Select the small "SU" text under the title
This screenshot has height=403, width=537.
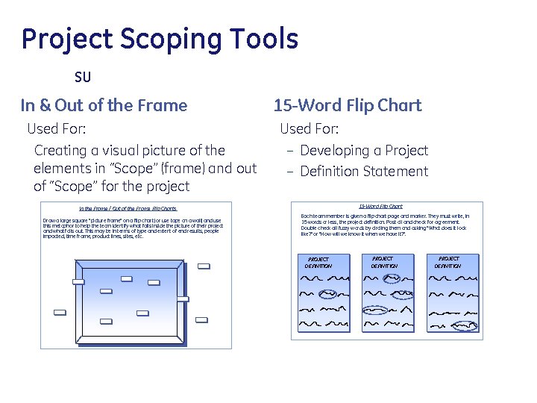point(82,77)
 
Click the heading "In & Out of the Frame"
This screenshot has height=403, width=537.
point(104,105)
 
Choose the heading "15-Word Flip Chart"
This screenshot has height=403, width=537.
point(348,105)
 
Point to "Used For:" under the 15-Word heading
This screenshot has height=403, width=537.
point(309,129)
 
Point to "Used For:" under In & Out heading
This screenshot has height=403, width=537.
point(57,129)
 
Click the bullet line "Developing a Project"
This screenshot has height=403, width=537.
point(363,151)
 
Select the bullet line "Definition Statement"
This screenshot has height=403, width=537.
point(363,172)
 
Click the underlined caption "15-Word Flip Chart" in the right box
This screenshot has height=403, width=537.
point(380,206)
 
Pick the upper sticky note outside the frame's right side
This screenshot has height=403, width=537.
point(204,266)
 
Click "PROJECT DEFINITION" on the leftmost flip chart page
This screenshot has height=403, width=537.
point(317,262)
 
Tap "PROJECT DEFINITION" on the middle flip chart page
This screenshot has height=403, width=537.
point(384,262)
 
